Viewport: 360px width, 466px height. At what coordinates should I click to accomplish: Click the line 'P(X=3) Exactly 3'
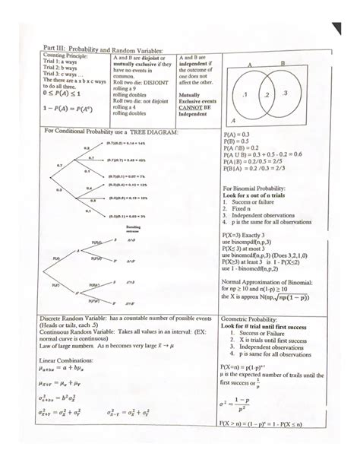click(245, 236)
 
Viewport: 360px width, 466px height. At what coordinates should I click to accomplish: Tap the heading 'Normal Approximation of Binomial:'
click(267, 282)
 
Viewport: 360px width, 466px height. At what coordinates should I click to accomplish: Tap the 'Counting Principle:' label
click(66, 57)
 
